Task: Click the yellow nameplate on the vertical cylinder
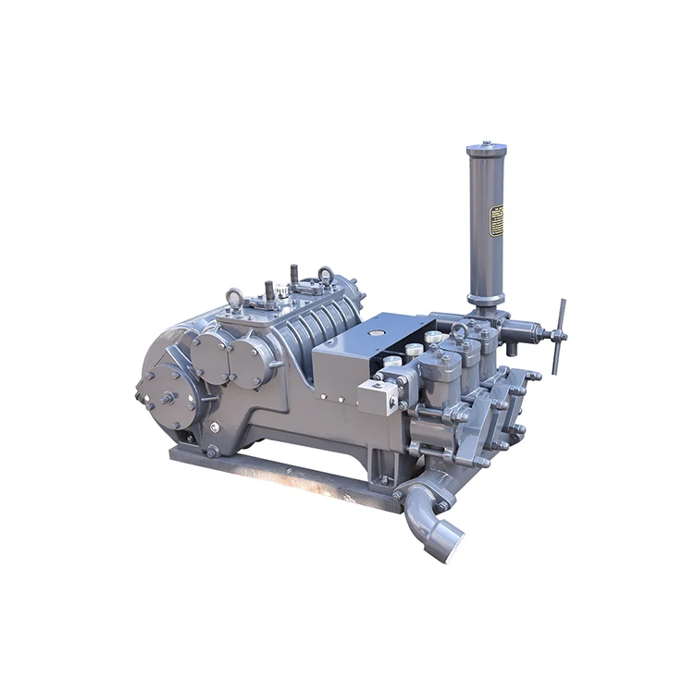[x=497, y=221]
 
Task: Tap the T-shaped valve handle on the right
[x=558, y=335]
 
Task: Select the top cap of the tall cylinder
[x=486, y=148]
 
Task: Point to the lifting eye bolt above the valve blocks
[x=459, y=330]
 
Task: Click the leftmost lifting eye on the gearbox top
[x=236, y=296]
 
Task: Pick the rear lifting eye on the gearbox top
[x=326, y=275]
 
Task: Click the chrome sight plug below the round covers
[x=214, y=427]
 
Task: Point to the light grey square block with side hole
[x=379, y=395]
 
